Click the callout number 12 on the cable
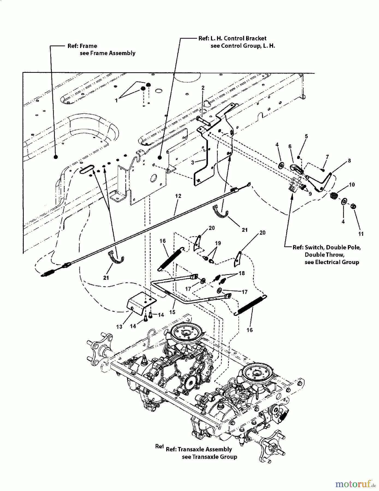178,196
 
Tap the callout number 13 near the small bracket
119,327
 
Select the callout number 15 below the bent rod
172,312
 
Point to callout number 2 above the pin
203,88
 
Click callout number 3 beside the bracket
193,163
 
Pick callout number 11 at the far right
361,234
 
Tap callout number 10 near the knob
352,185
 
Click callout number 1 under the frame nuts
116,100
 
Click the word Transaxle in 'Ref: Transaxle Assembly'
191,449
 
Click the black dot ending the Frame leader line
56,157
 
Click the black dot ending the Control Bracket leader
160,157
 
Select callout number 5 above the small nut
306,136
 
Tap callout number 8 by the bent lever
349,161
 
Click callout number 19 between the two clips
218,243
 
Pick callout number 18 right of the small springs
241,273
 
